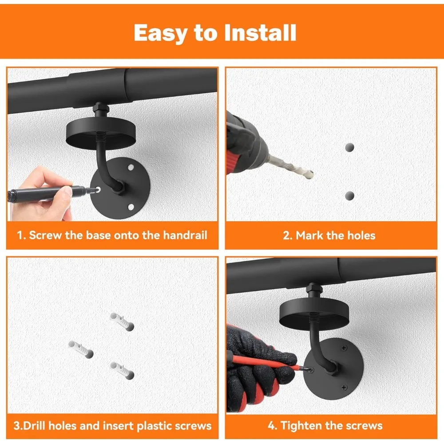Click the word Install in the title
tap(260, 32)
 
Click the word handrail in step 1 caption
tap(185, 235)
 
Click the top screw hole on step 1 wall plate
tap(131, 167)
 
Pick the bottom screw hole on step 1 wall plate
tap(131, 207)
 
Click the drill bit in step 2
tap(291, 167)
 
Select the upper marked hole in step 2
tap(350, 147)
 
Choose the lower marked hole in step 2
tap(350, 195)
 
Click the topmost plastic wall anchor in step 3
tap(122, 321)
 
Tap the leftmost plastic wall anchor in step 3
tap(81, 349)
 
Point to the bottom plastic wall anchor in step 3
tap(122, 371)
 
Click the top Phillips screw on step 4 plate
tap(344, 348)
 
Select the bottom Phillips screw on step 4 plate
tap(344, 387)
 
